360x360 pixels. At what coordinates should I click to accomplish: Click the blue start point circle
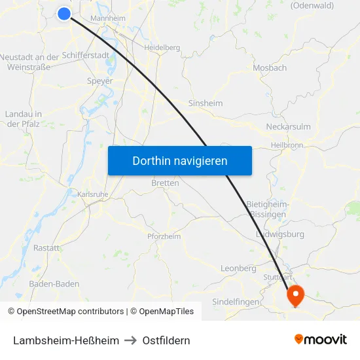(x=63, y=13)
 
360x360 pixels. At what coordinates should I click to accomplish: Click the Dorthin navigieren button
(x=180, y=160)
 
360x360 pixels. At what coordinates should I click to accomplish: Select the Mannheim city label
(x=108, y=18)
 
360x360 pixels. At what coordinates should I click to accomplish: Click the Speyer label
(x=99, y=81)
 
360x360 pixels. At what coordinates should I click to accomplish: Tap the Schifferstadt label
(x=86, y=56)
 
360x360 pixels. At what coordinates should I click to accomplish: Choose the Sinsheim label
(x=206, y=103)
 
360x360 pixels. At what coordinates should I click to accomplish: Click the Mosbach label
(x=270, y=67)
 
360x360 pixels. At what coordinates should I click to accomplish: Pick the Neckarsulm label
(x=288, y=126)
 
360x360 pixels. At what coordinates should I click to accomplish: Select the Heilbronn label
(x=286, y=145)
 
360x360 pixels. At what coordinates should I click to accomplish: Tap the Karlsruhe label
(x=92, y=194)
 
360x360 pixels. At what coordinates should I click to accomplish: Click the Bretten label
(x=165, y=183)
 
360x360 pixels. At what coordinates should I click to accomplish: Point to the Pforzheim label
(x=164, y=236)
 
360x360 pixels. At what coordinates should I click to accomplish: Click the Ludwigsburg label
(x=279, y=234)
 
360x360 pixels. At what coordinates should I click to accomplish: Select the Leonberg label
(x=238, y=268)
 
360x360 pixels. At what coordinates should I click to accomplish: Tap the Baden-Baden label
(x=54, y=284)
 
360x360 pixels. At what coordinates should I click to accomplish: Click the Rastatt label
(x=46, y=248)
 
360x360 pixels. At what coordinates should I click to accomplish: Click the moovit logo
(x=321, y=340)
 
